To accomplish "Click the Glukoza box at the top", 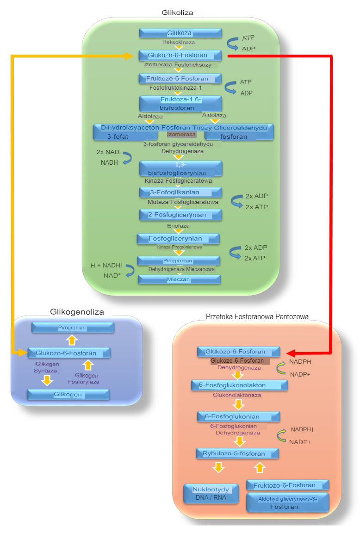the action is pos(180,33).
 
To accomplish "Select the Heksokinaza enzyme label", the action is pos(179,42).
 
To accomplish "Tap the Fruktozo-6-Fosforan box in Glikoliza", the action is pos(180,79).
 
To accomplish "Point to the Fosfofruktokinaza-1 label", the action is pos(175,88).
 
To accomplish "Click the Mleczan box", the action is pos(180,279).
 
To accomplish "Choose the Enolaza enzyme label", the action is pos(178,226).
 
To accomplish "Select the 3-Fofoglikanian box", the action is pos(180,192).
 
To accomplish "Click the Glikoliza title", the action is pos(177,12).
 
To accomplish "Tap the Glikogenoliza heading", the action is pos(77,312).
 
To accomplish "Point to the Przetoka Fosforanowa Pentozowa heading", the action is pos(257,316).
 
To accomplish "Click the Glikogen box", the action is pos(68,394).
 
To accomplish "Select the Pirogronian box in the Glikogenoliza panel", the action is pos(73,328).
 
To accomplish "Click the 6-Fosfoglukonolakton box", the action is pos(240,385).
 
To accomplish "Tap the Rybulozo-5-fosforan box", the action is pos(238,453).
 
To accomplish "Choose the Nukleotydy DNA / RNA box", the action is pos(211,494).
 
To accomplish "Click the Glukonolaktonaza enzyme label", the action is pos(237,395).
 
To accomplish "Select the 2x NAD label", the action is pos(108,152).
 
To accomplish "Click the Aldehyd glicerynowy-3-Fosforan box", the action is pos(288,502).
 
